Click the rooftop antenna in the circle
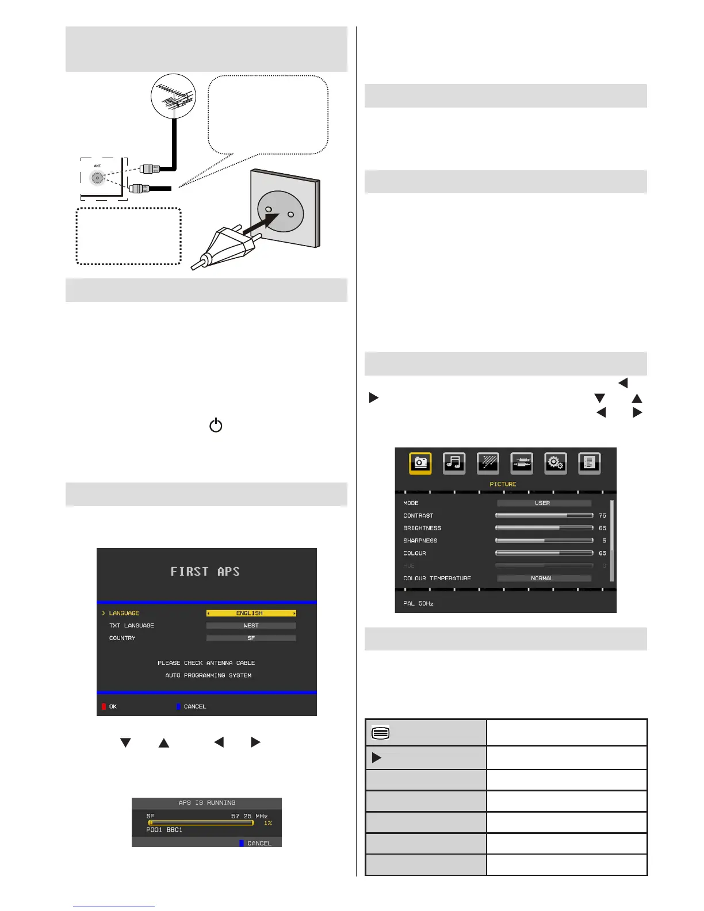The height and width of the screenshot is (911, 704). click(174, 97)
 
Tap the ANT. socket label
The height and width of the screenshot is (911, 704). click(97, 166)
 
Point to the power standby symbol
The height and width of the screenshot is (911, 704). click(216, 426)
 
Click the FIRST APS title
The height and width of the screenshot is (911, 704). click(205, 572)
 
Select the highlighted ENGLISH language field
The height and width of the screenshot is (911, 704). click(251, 613)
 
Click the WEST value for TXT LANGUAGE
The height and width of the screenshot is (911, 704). click(251, 626)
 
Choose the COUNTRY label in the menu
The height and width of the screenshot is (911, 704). click(123, 638)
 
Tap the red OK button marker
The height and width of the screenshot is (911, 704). click(104, 706)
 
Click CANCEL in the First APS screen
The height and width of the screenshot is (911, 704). click(194, 706)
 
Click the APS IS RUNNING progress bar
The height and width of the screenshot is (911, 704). click(201, 823)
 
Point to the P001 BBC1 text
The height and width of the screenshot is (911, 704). click(164, 830)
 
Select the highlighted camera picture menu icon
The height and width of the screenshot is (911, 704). click(420, 463)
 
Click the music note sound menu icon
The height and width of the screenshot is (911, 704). click(454, 463)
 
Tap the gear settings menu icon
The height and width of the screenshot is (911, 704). click(555, 463)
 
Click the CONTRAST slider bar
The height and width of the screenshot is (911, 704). click(544, 515)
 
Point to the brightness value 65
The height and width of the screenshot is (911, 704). click(602, 528)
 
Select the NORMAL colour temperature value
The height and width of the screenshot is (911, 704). click(542, 579)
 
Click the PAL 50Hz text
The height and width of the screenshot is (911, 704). click(418, 603)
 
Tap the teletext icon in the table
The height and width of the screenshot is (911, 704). click(381, 733)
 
